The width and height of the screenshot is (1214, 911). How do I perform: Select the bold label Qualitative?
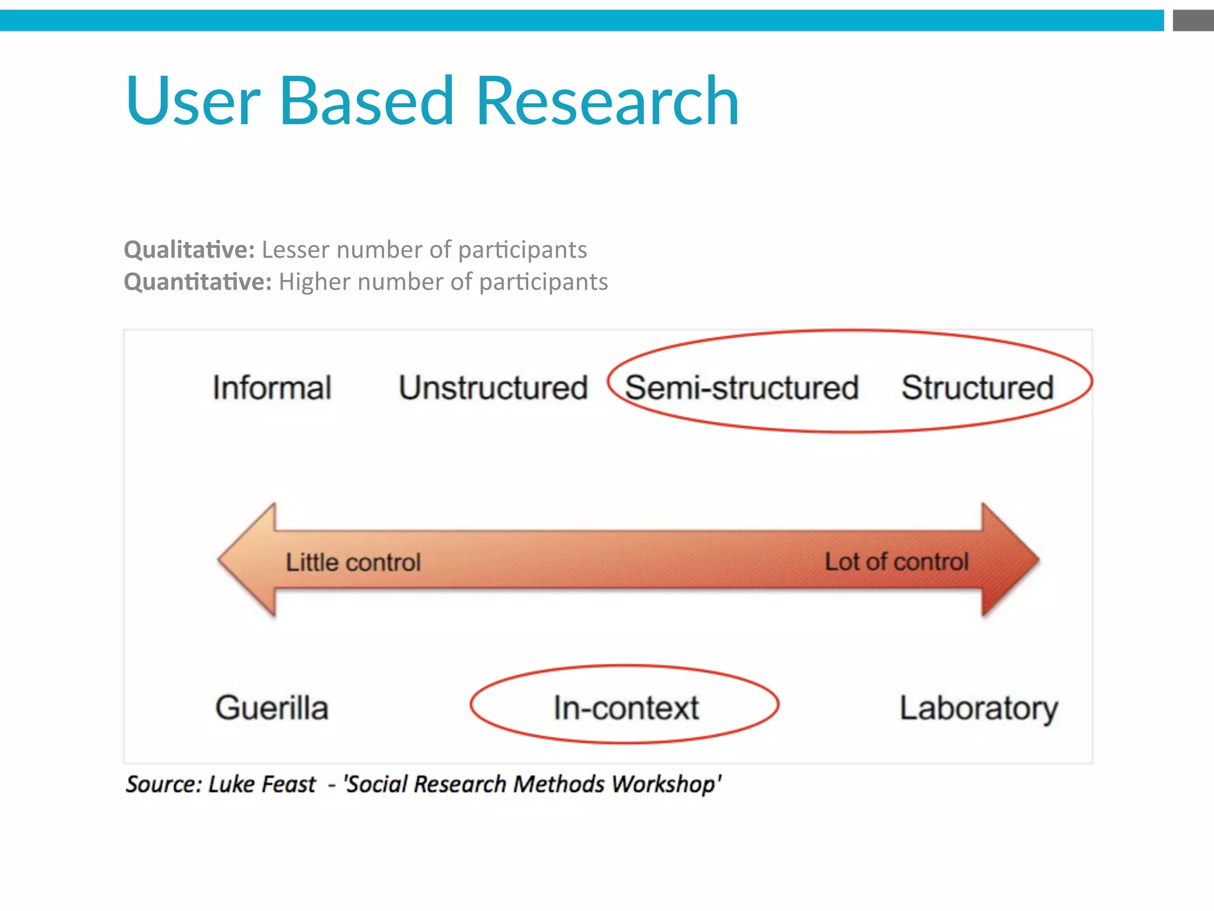(189, 250)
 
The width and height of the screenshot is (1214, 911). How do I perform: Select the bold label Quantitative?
(197, 282)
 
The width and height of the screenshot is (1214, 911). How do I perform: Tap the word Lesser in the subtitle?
(295, 250)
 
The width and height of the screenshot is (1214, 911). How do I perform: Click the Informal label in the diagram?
(271, 388)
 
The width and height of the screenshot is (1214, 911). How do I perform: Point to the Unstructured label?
(493, 388)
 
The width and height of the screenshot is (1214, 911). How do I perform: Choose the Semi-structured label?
(742, 388)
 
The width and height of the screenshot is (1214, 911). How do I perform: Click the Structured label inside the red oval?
(977, 388)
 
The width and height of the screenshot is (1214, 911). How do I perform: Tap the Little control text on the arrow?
(353, 562)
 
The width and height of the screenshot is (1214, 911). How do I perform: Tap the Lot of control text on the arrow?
(896, 562)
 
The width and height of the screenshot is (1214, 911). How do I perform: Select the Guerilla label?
(271, 708)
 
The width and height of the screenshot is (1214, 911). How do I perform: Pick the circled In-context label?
(625, 708)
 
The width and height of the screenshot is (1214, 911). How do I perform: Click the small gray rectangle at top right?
(1193, 21)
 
